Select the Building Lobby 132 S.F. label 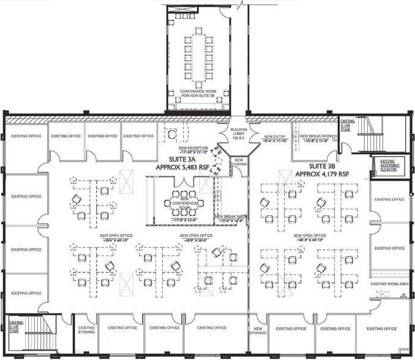(237, 133)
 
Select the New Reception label (193, 148)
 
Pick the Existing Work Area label (388, 284)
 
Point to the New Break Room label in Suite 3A (231, 216)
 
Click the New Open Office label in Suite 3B (309, 235)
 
